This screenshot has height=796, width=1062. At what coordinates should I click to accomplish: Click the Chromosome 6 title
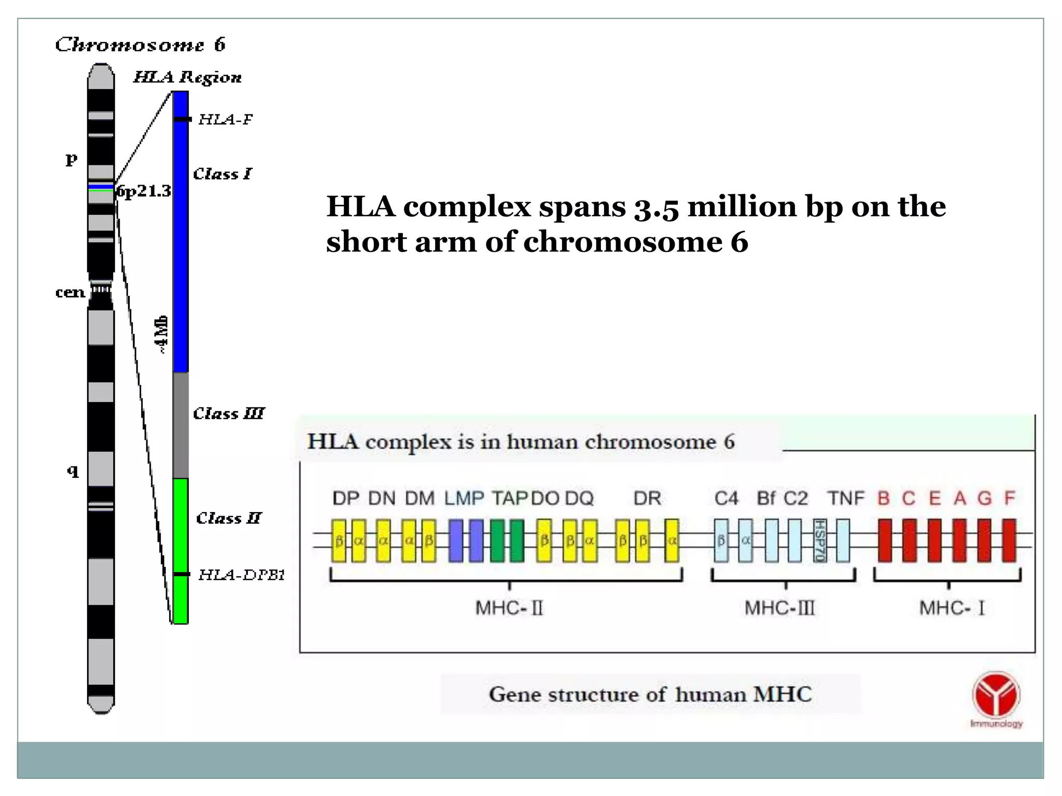tap(140, 45)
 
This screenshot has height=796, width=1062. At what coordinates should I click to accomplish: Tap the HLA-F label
tap(225, 119)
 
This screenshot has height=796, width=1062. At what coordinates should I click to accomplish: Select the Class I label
tap(222, 174)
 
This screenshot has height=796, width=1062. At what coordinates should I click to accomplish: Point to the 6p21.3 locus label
tap(144, 191)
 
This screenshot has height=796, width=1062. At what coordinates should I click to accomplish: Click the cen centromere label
tap(70, 292)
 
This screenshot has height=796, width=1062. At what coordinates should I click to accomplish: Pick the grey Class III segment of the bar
tap(180, 425)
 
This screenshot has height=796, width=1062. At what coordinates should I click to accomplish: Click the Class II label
tap(228, 518)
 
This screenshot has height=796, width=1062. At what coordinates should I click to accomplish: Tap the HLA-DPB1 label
tap(242, 574)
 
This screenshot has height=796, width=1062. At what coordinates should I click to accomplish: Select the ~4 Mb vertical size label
tap(162, 334)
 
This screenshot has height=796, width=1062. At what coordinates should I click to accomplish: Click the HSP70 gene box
tap(819, 541)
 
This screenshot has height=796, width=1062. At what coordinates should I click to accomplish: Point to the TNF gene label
tap(846, 498)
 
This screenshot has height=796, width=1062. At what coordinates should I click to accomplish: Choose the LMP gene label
tap(464, 498)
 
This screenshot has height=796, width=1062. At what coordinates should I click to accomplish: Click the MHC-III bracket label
tap(779, 607)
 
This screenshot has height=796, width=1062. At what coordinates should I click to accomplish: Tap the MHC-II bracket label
tap(509, 607)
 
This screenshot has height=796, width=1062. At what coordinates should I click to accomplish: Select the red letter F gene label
tap(1009, 498)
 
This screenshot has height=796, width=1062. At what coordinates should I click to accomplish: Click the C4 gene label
tap(726, 498)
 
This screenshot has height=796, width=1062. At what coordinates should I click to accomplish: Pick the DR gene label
tap(647, 498)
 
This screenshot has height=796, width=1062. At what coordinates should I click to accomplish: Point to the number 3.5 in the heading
tap(656, 207)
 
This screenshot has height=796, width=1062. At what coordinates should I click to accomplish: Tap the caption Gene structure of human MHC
tap(650, 694)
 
